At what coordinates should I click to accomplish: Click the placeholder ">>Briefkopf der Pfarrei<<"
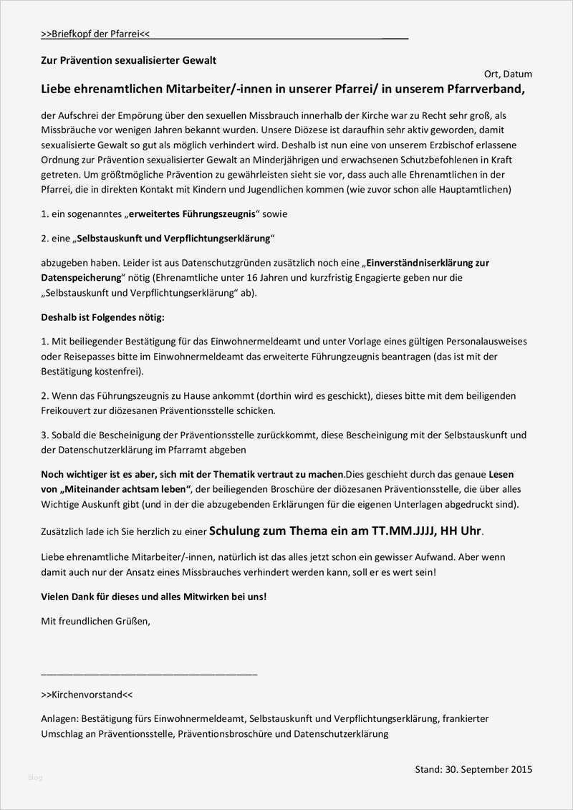pyautogui.click(x=95, y=34)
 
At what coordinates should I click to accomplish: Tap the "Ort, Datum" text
pyautogui.click(x=508, y=74)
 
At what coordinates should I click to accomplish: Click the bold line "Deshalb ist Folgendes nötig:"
pyautogui.click(x=102, y=317)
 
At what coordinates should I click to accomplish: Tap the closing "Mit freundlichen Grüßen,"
pyautogui.click(x=96, y=621)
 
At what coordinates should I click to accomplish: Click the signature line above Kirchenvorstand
pyautogui.click(x=149, y=673)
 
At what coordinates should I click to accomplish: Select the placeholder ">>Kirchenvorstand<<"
pyautogui.click(x=87, y=695)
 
